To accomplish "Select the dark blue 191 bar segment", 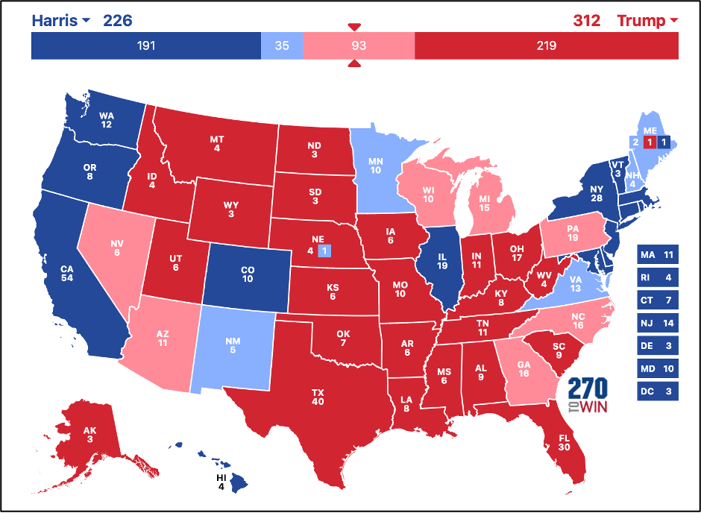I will [145, 46].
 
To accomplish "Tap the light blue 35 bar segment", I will [282, 46].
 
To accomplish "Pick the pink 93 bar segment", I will [359, 46].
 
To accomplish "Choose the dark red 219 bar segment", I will [546, 46].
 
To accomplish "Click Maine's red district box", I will [649, 142].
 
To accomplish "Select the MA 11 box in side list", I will [657, 256].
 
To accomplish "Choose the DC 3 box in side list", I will [657, 391].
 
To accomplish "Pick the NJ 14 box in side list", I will [657, 323].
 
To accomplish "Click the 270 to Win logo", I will [588, 394].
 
